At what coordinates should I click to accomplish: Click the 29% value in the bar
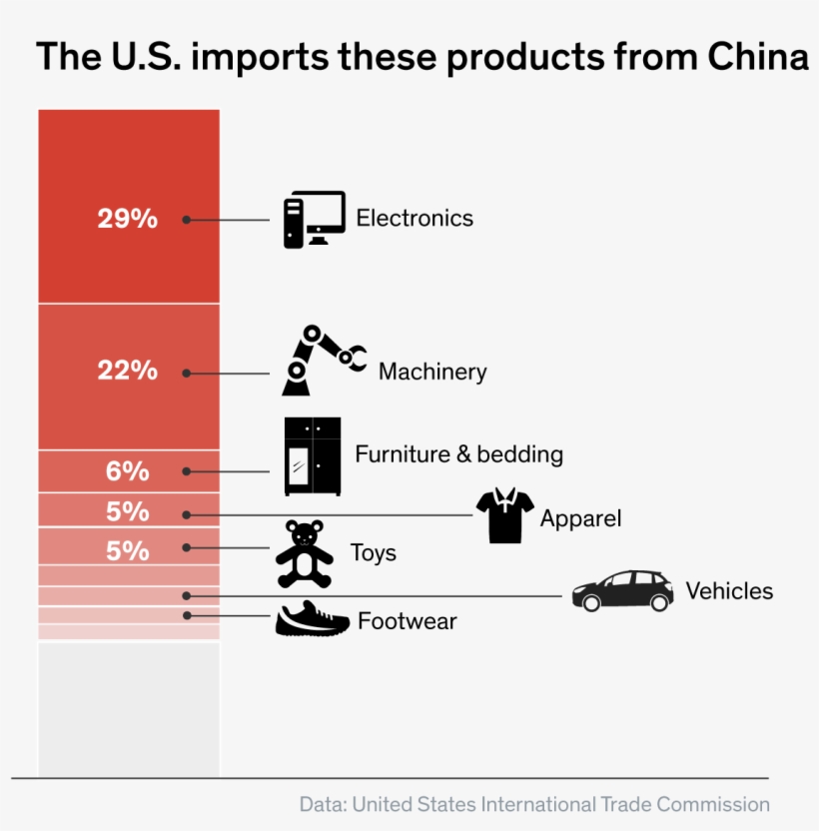coord(127,219)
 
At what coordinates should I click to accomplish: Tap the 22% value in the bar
coord(127,371)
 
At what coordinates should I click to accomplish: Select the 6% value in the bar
coord(127,470)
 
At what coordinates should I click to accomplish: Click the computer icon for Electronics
coord(313,219)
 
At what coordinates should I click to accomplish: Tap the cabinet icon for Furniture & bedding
coord(313,456)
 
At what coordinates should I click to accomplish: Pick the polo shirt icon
coord(505,515)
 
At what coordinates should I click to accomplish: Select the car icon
coord(622,591)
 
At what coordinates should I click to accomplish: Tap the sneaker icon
coord(312,619)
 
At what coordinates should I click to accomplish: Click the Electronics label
coord(414,218)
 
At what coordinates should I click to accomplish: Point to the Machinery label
coord(432,373)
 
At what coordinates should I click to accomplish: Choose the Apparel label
coord(580,518)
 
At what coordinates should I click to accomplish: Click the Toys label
coord(373,553)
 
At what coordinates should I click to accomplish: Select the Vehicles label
coord(729,591)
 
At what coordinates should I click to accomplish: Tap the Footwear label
coord(407,621)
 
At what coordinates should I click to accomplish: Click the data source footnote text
coord(534,804)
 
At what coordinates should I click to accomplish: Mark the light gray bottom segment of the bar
coord(128,708)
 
